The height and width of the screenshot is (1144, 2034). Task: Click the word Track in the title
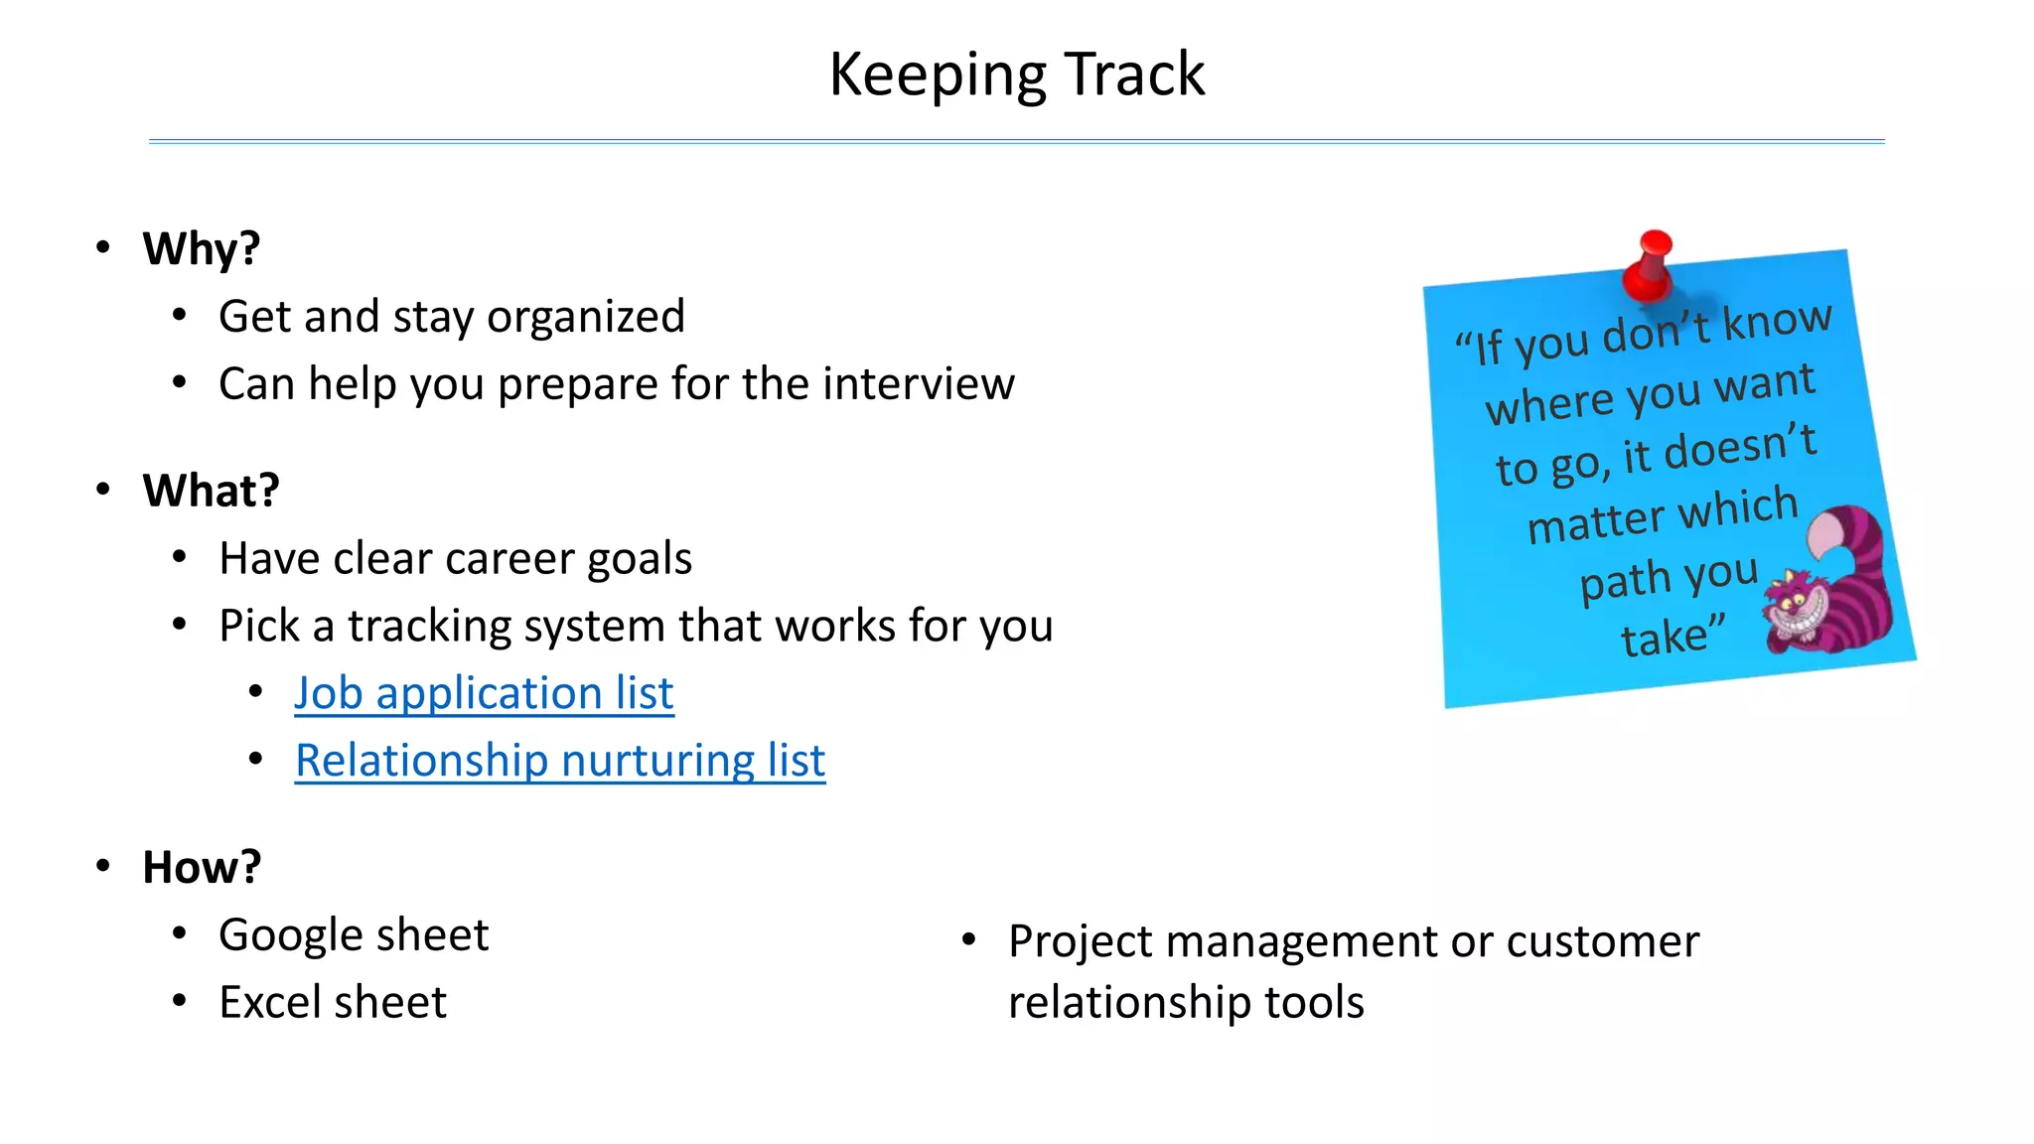1134,74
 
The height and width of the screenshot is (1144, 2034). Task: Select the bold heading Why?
202,248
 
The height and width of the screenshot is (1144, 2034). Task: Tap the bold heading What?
211,491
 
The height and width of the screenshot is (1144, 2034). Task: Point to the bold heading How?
202,867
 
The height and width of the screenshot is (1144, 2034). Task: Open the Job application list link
484,693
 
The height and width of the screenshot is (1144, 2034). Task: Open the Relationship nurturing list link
560,761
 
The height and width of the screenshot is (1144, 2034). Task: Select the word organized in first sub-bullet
586,317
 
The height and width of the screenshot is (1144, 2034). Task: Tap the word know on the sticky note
1777,321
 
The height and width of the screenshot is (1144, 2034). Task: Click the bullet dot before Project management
969,938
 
